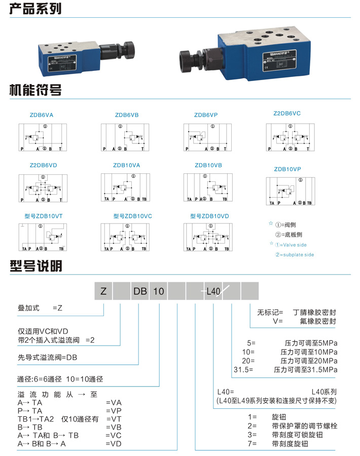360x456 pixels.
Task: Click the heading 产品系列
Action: point(35,8)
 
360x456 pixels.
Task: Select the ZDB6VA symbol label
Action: point(42,115)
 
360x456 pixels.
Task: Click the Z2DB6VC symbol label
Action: point(287,113)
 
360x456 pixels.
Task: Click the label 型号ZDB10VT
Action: point(44,216)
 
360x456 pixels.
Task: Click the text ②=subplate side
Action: point(295,255)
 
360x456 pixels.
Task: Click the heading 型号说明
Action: point(35,267)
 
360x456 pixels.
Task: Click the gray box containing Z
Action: point(103,291)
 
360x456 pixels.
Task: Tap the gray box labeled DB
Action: point(140,291)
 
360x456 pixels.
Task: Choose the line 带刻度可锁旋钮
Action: point(297,435)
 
